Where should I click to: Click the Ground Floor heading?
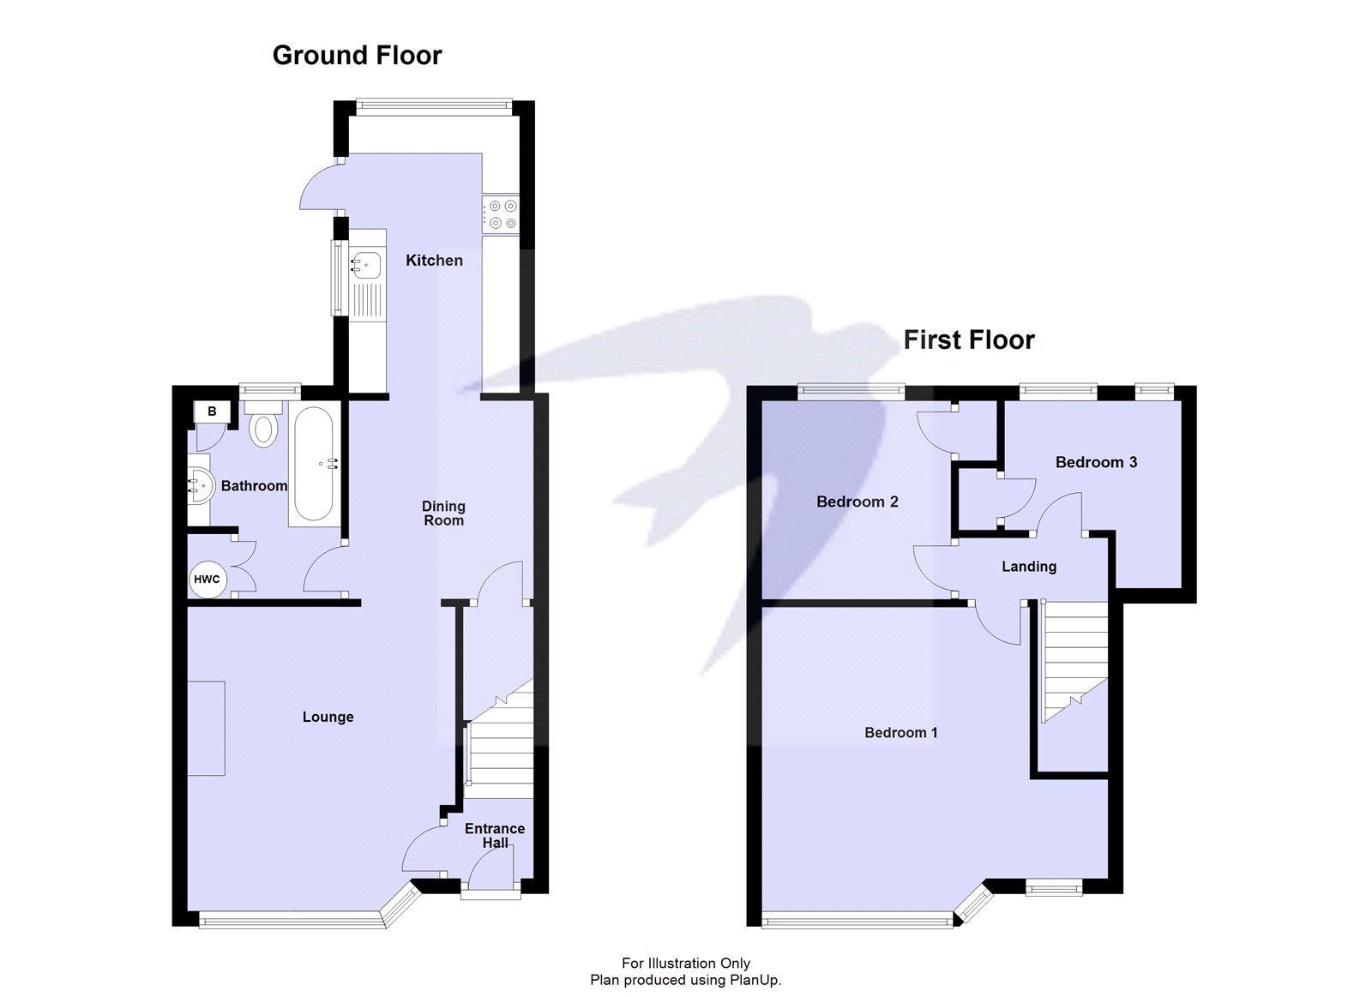tap(357, 55)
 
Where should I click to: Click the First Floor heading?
tap(969, 339)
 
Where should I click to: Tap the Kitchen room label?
tap(434, 260)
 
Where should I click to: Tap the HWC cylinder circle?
tap(207, 580)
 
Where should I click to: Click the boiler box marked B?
tap(212, 411)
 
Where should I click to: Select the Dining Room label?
tap(443, 513)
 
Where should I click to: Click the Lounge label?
tap(328, 717)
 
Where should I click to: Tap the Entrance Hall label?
tap(495, 835)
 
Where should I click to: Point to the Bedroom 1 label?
tap(900, 732)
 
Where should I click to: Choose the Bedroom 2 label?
tap(857, 502)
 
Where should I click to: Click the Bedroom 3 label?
tap(1096, 462)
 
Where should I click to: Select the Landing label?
tap(1028, 566)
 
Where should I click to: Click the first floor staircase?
tap(1074, 660)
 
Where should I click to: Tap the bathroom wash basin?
tap(200, 485)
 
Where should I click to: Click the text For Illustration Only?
tap(685, 963)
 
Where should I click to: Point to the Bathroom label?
tap(254, 486)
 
